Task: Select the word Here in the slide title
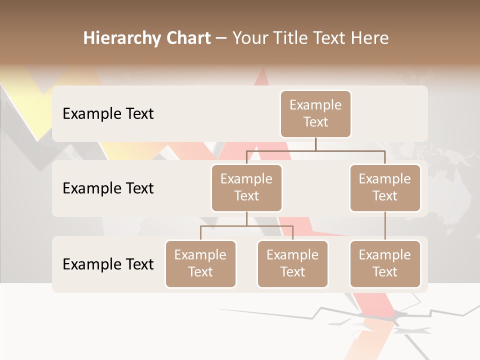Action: (x=369, y=38)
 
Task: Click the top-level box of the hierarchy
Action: (x=315, y=113)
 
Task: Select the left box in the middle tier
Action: (x=246, y=187)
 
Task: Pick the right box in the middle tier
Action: (x=385, y=187)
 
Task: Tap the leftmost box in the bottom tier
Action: (x=200, y=263)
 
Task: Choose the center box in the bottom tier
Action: (x=292, y=263)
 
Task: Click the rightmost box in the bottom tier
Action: (x=385, y=263)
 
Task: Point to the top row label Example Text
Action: (x=108, y=114)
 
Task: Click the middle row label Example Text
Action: (x=108, y=188)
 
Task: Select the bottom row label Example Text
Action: (x=108, y=264)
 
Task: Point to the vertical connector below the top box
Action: (x=315, y=144)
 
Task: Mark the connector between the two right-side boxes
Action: (x=385, y=226)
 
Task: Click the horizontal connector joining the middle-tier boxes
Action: (x=315, y=150)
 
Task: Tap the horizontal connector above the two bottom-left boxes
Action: (x=246, y=226)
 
